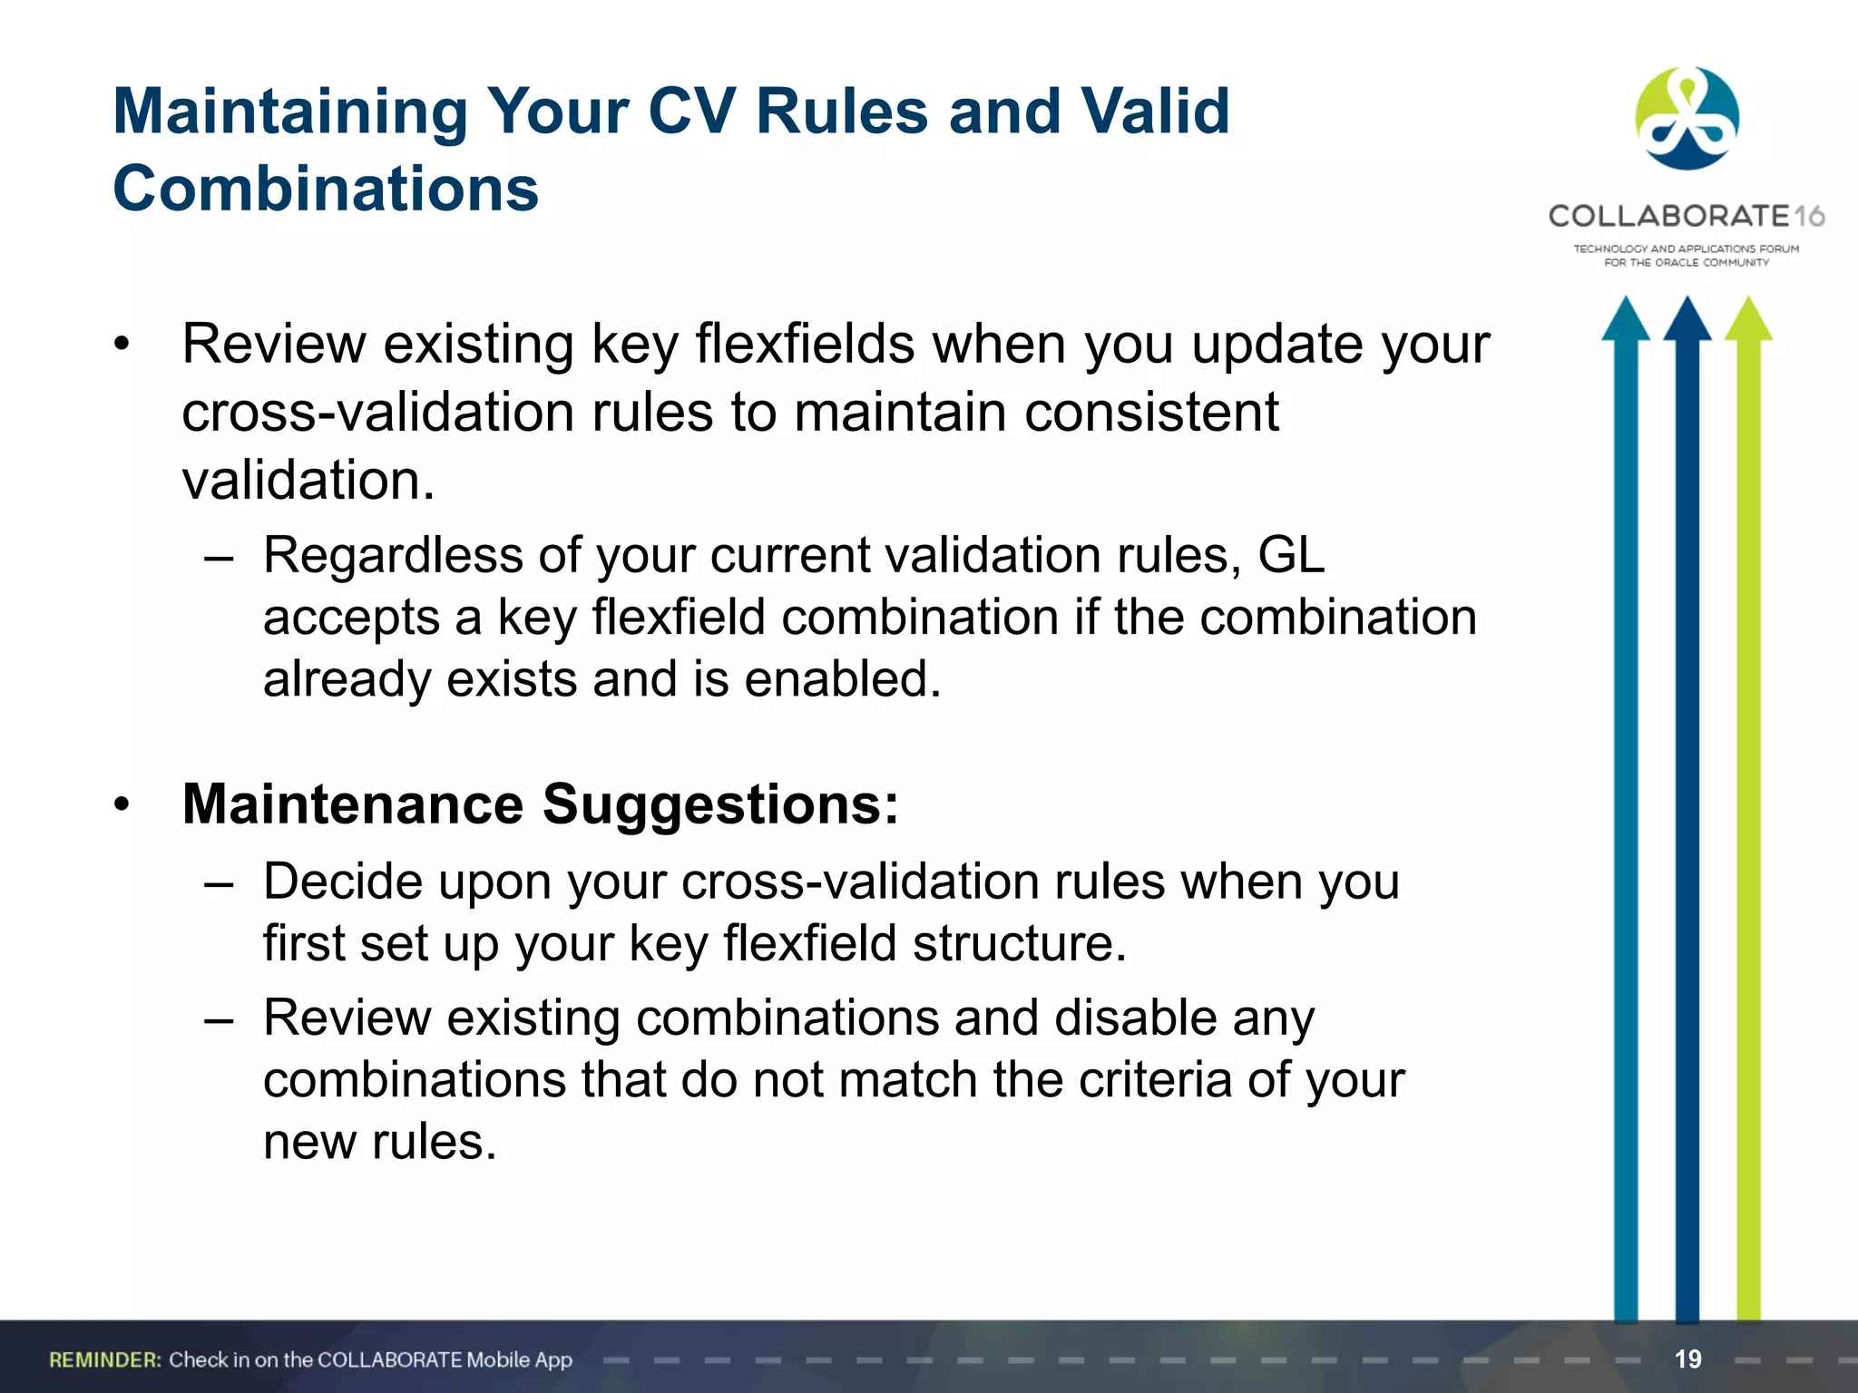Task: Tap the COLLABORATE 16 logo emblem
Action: tap(1687, 119)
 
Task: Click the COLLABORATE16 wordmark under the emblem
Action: tap(1686, 216)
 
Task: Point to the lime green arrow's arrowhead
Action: tap(1748, 320)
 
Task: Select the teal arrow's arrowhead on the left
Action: tap(1625, 320)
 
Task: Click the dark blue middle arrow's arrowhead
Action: tap(1687, 320)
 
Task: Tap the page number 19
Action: tap(1687, 1359)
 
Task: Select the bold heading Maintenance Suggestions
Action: tap(540, 804)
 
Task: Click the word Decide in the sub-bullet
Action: tap(343, 881)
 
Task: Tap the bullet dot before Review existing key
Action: tap(122, 345)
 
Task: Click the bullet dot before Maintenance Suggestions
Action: tap(122, 804)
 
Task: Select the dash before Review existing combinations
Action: tap(219, 1018)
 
